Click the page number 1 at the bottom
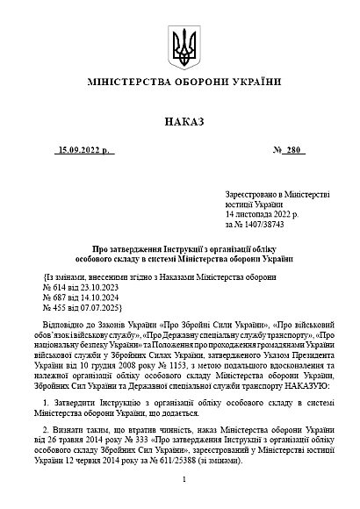click(180, 479)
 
